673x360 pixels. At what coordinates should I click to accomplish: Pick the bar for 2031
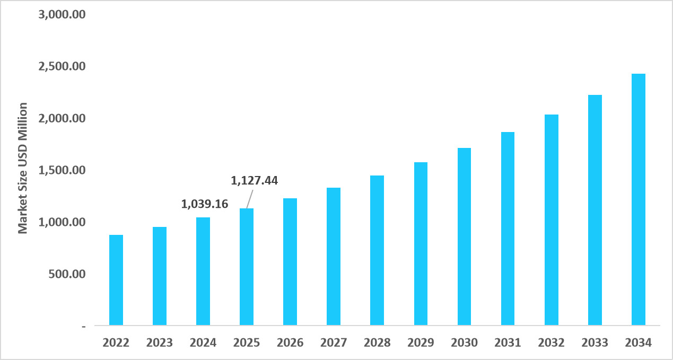point(508,229)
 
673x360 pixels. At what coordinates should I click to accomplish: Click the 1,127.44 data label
point(255,181)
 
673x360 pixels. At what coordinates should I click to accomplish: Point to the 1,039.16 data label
point(205,204)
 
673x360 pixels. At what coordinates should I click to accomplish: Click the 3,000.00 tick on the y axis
point(62,14)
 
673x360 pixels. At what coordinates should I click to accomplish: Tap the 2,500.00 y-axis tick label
point(62,66)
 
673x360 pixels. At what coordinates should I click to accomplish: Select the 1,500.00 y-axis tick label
point(62,170)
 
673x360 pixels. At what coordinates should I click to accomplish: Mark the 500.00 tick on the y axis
point(67,274)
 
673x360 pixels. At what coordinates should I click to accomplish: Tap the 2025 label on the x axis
point(247,343)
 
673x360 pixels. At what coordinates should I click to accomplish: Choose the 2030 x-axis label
point(464,343)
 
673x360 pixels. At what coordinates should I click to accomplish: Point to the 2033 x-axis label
point(595,343)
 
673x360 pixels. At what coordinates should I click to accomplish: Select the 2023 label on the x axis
point(160,343)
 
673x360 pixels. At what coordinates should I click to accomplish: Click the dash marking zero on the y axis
point(83,326)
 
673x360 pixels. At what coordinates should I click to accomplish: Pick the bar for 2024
point(203,271)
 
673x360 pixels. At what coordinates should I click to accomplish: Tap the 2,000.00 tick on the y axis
point(62,118)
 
